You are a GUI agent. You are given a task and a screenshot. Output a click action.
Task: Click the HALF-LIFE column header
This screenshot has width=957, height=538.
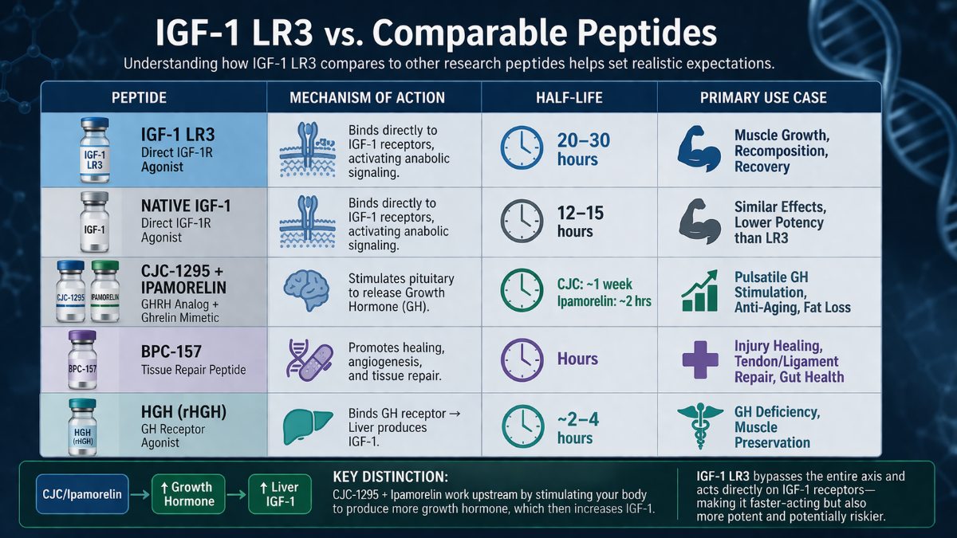pos(569,98)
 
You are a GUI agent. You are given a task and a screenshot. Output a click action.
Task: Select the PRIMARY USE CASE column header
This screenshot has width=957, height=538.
pos(763,98)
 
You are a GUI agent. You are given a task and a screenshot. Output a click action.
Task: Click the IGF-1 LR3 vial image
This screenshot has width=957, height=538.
pos(95,149)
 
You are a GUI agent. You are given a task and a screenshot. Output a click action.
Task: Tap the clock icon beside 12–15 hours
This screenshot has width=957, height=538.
pos(521,220)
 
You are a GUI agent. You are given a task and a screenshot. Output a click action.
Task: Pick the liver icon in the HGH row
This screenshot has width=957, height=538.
pos(305,429)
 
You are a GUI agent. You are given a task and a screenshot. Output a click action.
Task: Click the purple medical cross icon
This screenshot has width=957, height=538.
pos(700,359)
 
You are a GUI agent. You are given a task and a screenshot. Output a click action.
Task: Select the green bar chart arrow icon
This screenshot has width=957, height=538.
pos(699,292)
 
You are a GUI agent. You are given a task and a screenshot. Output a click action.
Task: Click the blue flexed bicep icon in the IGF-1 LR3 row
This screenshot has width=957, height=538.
pos(699,150)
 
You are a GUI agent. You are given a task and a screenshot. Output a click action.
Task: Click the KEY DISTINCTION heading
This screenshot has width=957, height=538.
pos(390,476)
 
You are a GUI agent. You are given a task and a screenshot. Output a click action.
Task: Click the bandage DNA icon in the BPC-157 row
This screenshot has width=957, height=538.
pos(306,359)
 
